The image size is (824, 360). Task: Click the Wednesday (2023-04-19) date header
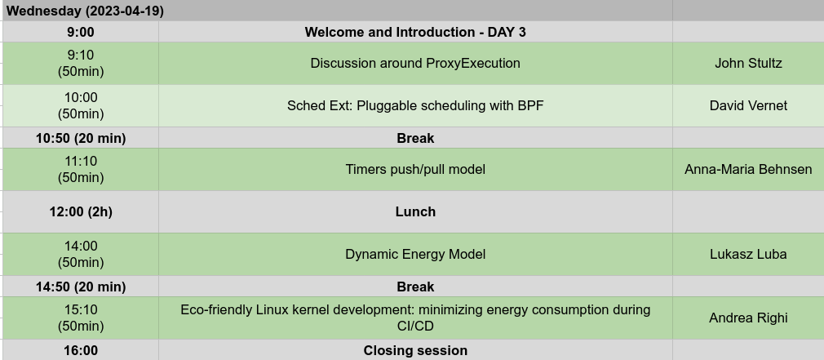coord(85,11)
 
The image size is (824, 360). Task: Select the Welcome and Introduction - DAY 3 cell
coord(415,32)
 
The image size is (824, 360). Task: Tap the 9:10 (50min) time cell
coord(81,63)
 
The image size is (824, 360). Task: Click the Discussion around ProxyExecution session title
coord(415,63)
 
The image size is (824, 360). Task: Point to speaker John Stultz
coord(748,63)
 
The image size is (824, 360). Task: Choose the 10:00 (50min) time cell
coord(81,105)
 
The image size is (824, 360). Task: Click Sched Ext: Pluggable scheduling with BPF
coord(415,105)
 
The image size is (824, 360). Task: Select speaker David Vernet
coord(748,105)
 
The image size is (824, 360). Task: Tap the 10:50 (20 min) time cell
coord(81,138)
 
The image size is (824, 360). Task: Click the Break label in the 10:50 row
coord(415,138)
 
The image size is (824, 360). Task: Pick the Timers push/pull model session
coord(415,169)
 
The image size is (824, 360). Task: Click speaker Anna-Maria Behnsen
coord(748,169)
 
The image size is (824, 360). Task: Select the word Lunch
coord(415,211)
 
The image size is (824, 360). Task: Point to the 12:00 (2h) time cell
coord(81,211)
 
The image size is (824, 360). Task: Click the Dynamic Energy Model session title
coord(415,255)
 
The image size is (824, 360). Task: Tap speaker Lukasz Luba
coord(748,255)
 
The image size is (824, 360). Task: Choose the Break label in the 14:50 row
coord(415,287)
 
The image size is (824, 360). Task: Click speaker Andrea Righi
coord(748,318)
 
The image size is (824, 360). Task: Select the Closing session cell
coord(415,350)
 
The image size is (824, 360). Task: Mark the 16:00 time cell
coord(81,350)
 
